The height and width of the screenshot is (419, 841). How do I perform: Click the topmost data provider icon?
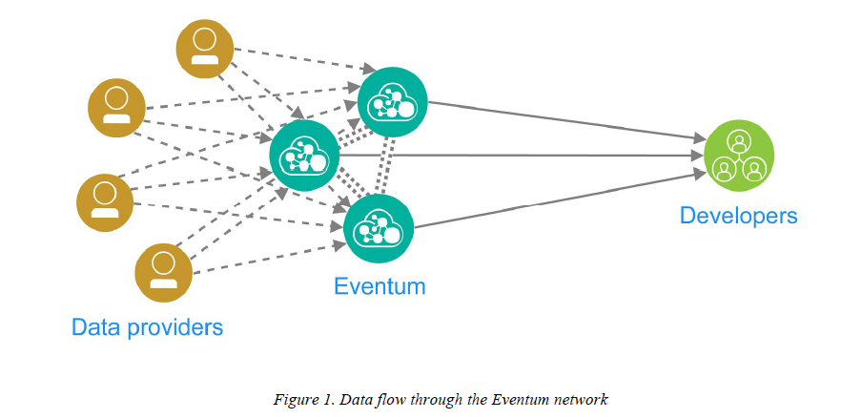point(205,49)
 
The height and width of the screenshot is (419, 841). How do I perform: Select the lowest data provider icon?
point(164,273)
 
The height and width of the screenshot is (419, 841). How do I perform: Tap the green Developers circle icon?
point(739,156)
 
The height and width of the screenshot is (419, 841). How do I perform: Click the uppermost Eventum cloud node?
point(392,102)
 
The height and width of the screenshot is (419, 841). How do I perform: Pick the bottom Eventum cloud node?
point(379,229)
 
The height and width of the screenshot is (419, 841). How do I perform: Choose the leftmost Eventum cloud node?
point(305,156)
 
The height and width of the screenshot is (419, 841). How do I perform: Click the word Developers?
point(739,216)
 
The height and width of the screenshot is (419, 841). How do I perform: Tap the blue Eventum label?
point(379,285)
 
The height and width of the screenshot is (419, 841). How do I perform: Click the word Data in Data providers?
point(95,327)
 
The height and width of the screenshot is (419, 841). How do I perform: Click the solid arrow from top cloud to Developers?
point(566,121)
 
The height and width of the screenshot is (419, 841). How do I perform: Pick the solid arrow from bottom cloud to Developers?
point(560,199)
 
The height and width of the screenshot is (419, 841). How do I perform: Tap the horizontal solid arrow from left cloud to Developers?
point(522,156)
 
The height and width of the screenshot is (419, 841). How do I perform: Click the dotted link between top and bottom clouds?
point(385,165)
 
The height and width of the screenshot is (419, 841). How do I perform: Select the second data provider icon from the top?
point(116,108)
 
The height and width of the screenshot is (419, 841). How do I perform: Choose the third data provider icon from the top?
point(105,202)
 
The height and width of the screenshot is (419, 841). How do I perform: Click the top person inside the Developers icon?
point(739,141)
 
